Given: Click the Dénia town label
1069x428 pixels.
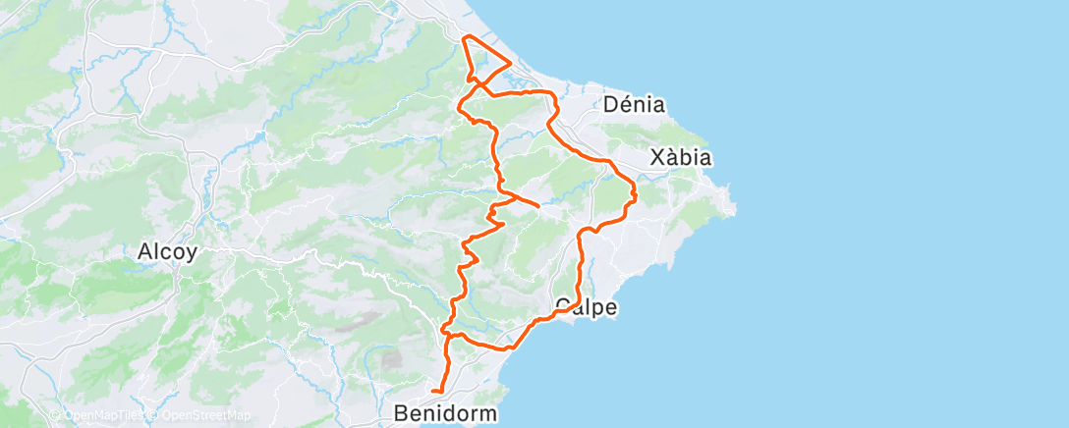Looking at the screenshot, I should coord(635,104).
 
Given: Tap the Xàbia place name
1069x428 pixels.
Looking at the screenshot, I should coord(681,158).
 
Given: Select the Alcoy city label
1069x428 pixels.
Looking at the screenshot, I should coord(167,251).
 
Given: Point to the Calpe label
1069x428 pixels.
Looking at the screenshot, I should coord(587,307).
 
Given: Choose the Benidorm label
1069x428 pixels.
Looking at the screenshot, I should coord(446,412).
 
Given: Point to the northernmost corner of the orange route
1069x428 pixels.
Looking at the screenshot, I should coord(465,37).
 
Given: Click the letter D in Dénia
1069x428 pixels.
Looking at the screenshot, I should coord(611,104).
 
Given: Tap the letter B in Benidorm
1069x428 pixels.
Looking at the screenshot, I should coord(401,412).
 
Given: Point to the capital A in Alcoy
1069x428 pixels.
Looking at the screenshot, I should coord(144,251).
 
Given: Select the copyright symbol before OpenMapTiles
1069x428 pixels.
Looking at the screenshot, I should coord(55,415).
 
